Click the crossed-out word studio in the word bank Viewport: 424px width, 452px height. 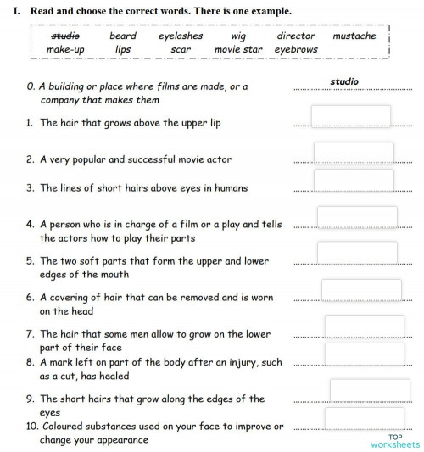[65, 36]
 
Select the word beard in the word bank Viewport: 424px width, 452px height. [123, 36]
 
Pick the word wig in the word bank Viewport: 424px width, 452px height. [238, 36]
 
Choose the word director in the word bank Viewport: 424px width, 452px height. [296, 36]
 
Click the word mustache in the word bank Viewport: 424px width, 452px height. [354, 36]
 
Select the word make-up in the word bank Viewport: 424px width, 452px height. [65, 49]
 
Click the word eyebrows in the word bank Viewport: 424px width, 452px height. [296, 49]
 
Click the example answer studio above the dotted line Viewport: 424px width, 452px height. [343, 82]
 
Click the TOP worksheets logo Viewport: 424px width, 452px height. [394, 440]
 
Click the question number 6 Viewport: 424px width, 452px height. [30, 298]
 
